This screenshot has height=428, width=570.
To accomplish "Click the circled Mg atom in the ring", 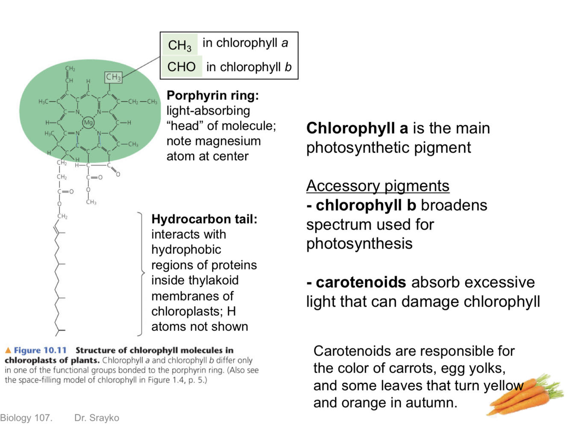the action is click(88, 123).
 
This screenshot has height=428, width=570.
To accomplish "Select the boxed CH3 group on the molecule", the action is click(113, 77).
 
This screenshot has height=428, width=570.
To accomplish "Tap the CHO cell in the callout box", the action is click(182, 67).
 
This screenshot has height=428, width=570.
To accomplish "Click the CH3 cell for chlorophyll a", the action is click(180, 44).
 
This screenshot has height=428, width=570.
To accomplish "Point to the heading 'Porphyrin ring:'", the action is click(212, 95).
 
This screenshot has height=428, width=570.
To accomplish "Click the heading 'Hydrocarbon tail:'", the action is click(204, 219).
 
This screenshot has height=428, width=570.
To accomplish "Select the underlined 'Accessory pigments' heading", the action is click(378, 186).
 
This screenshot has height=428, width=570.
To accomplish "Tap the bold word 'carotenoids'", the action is click(361, 282).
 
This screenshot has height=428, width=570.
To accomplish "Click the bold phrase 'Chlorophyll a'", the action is click(357, 128).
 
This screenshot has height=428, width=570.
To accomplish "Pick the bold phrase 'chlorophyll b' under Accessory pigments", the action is click(366, 205).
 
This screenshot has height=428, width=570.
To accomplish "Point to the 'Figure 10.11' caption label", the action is click(40, 350).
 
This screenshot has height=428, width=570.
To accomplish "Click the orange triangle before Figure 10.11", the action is click(8, 350).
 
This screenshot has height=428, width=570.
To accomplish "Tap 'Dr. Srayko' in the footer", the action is click(97, 418).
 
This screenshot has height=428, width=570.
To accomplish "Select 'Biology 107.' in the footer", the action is click(26, 418).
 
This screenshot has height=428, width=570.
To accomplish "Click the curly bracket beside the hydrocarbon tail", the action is click(141, 273).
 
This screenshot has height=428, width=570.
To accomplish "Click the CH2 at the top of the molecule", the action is click(70, 68).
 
